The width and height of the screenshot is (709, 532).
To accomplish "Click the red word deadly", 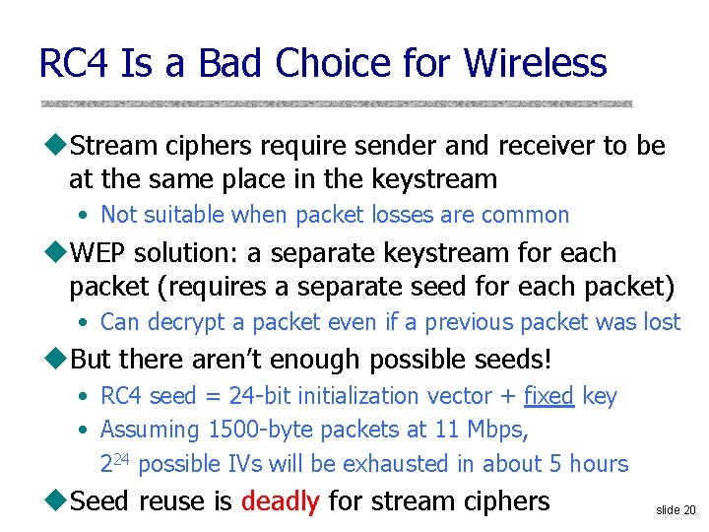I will (x=280, y=500).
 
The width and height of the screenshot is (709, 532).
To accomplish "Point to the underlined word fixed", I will (x=548, y=396).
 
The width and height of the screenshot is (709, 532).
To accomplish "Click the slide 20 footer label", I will (x=675, y=509).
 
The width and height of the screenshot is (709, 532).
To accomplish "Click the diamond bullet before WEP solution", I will (x=58, y=253).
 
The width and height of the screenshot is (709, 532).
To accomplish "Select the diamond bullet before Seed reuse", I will (x=58, y=500).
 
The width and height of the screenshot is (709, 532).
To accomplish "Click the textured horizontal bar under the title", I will (x=335, y=103).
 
